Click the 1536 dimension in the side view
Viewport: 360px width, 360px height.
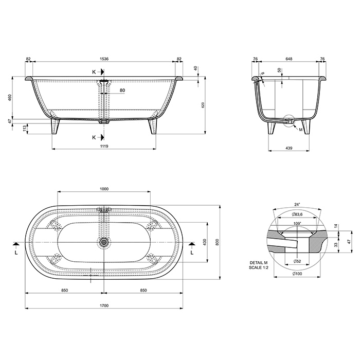(104, 59)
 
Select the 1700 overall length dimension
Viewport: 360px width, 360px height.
(104, 305)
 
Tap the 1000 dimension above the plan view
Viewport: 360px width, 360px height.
(104, 189)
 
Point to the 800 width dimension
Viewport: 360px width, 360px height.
(217, 242)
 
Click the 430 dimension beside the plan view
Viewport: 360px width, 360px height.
(205, 242)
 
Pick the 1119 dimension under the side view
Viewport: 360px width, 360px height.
(104, 146)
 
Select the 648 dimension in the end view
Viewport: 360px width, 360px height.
(289, 59)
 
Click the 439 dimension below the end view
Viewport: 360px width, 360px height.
(289, 148)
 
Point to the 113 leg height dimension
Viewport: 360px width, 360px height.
(24, 129)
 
